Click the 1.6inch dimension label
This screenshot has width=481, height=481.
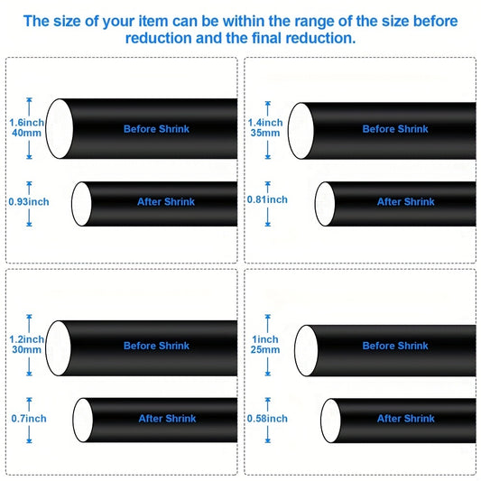[x=27, y=123]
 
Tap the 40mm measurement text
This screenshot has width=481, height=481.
[x=26, y=134]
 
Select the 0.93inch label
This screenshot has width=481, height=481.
[x=29, y=202]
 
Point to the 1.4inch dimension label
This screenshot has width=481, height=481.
[x=265, y=123]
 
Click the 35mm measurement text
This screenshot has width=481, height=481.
[x=265, y=134]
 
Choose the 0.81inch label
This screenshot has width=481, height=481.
[x=267, y=199]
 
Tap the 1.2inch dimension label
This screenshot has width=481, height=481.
[x=27, y=339]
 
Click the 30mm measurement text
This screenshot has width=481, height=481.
[x=26, y=350]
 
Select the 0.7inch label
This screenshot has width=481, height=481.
[x=29, y=419]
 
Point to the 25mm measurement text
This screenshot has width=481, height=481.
[x=265, y=350]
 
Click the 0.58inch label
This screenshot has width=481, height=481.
[x=267, y=419]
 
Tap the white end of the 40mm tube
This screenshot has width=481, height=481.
[x=60, y=129]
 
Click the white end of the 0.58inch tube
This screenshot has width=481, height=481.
[x=330, y=421]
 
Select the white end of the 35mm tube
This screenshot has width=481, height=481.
[x=301, y=131]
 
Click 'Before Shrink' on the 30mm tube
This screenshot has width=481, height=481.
[x=156, y=346]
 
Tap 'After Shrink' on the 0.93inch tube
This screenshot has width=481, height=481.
[x=166, y=202]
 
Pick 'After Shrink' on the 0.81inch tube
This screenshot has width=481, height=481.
[x=406, y=202]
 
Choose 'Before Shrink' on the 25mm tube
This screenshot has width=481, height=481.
[x=395, y=346]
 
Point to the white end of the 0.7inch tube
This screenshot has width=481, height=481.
[x=83, y=420]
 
